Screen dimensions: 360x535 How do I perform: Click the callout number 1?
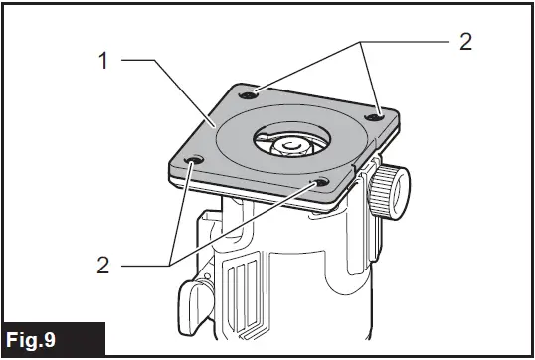click(x=103, y=60)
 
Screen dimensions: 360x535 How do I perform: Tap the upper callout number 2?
click(x=466, y=42)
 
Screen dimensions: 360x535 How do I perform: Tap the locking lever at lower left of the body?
click(x=195, y=298)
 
